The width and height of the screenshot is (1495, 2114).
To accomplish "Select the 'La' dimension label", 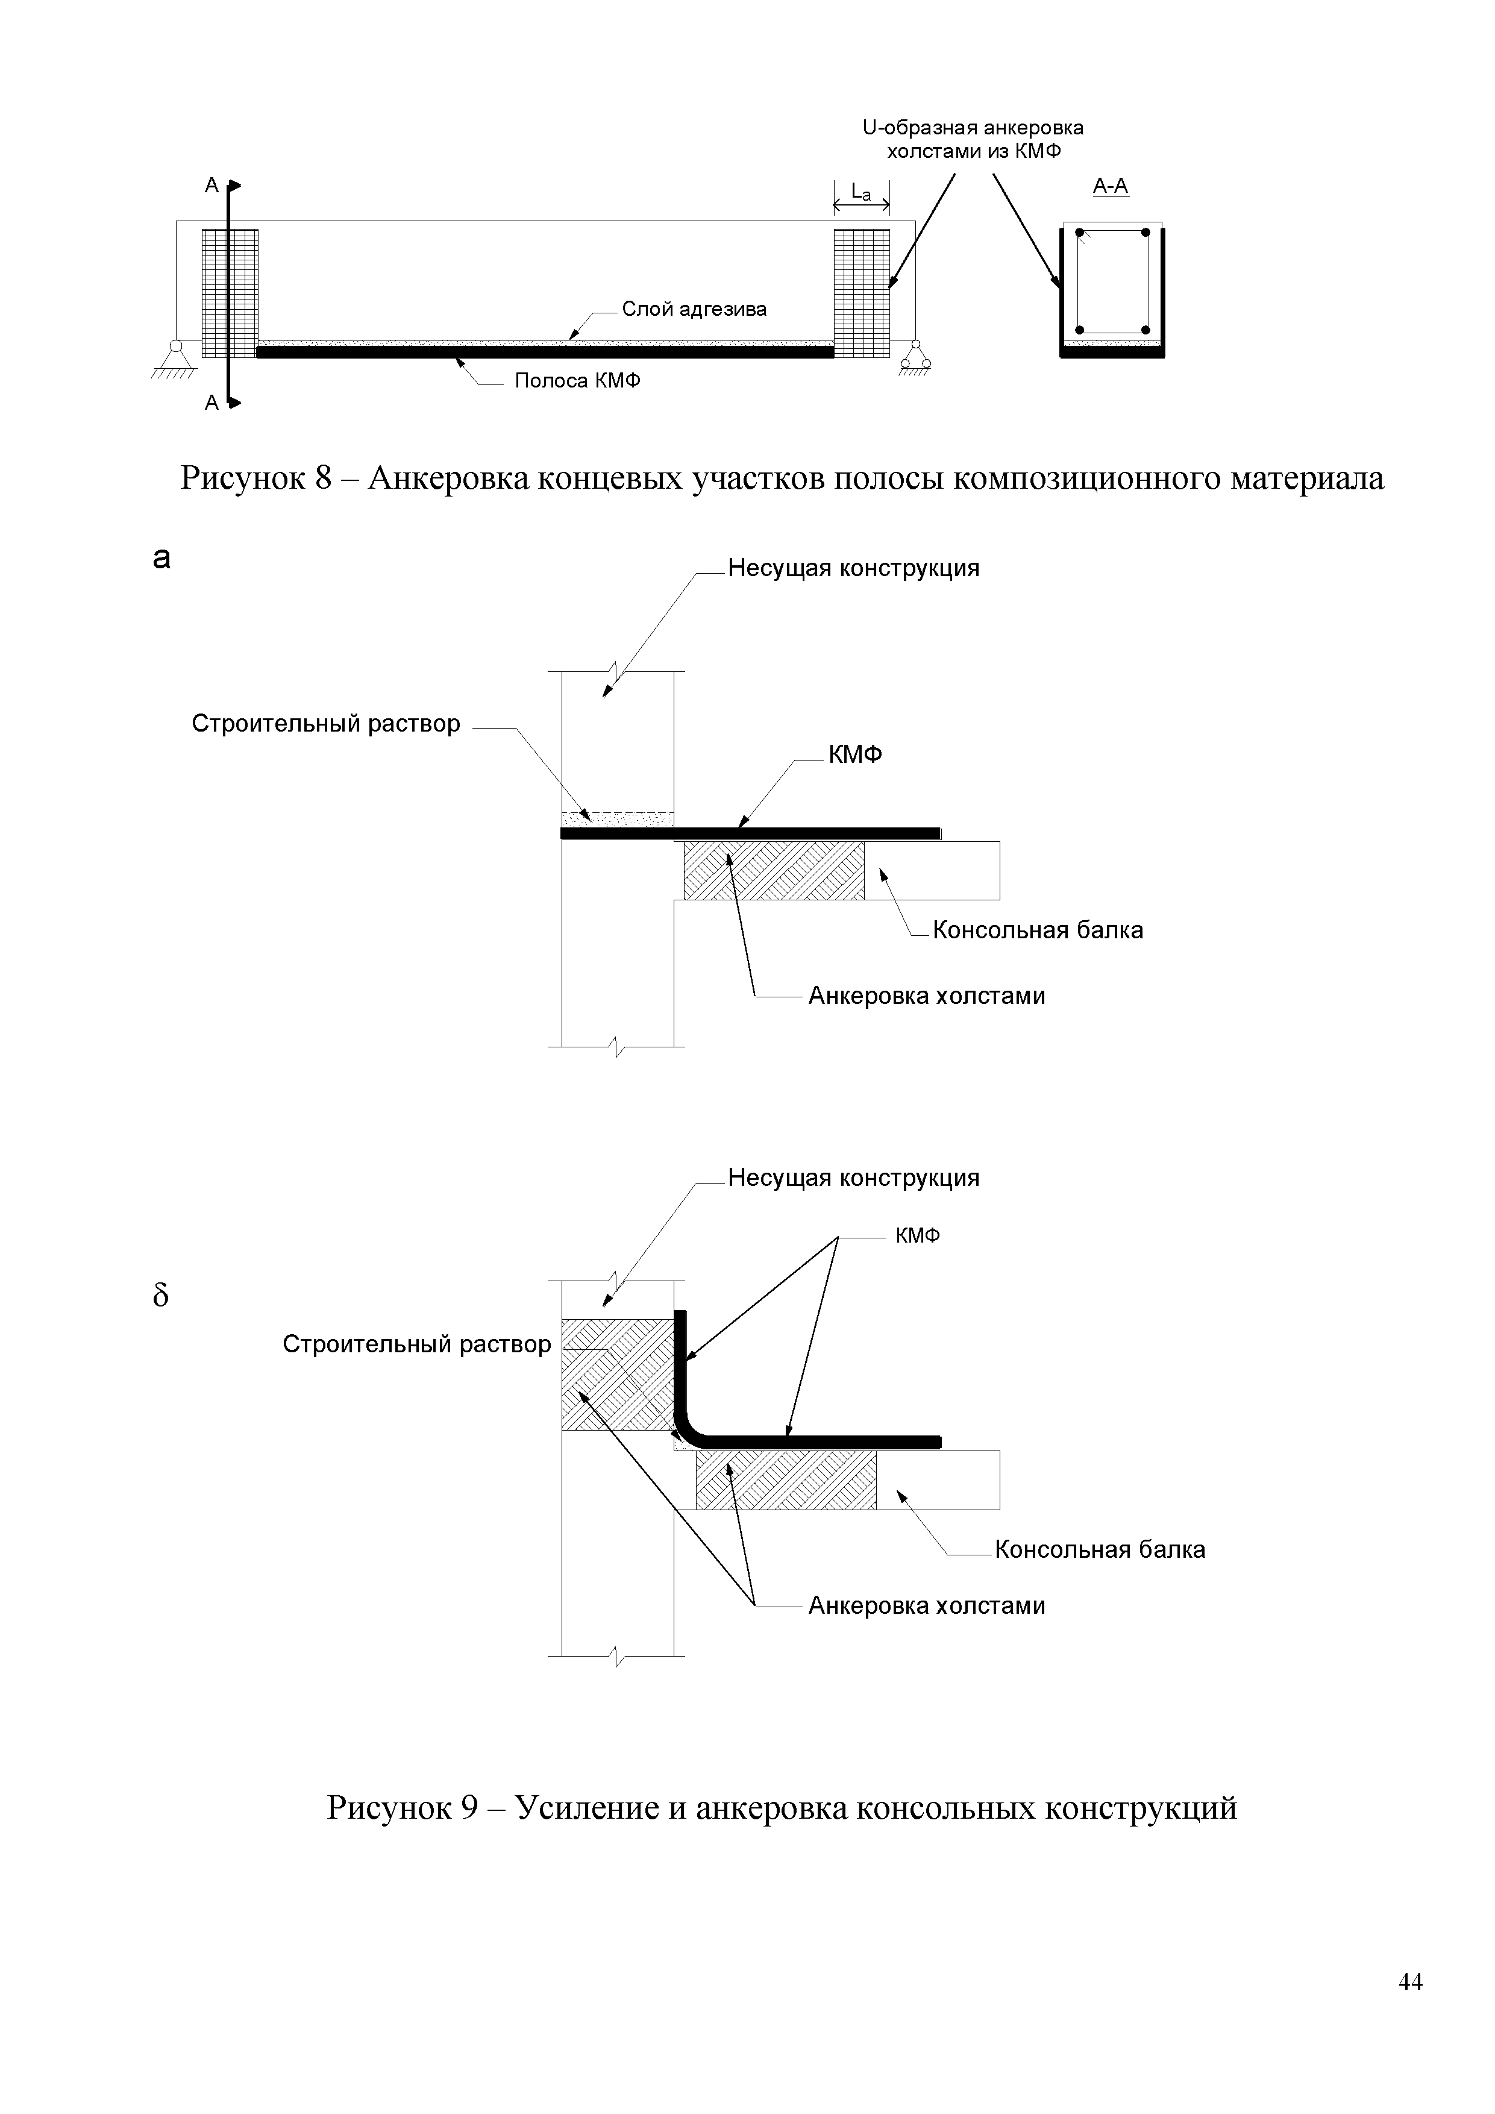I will (x=860, y=192).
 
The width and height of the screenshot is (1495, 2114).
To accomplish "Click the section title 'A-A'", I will (x=1110, y=187).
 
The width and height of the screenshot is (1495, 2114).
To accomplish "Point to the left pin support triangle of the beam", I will (x=175, y=358).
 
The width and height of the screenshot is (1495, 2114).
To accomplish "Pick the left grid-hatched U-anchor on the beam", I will (x=230, y=293).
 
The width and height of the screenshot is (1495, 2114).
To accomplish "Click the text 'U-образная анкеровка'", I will (x=973, y=128).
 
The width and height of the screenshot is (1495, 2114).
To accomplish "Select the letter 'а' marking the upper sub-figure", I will (x=162, y=558).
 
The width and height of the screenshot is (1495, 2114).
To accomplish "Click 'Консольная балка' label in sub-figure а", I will (x=1038, y=930).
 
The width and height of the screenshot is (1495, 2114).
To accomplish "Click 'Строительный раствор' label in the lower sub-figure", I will (x=416, y=1344).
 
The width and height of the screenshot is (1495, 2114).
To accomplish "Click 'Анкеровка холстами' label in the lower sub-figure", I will (x=926, y=1606).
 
